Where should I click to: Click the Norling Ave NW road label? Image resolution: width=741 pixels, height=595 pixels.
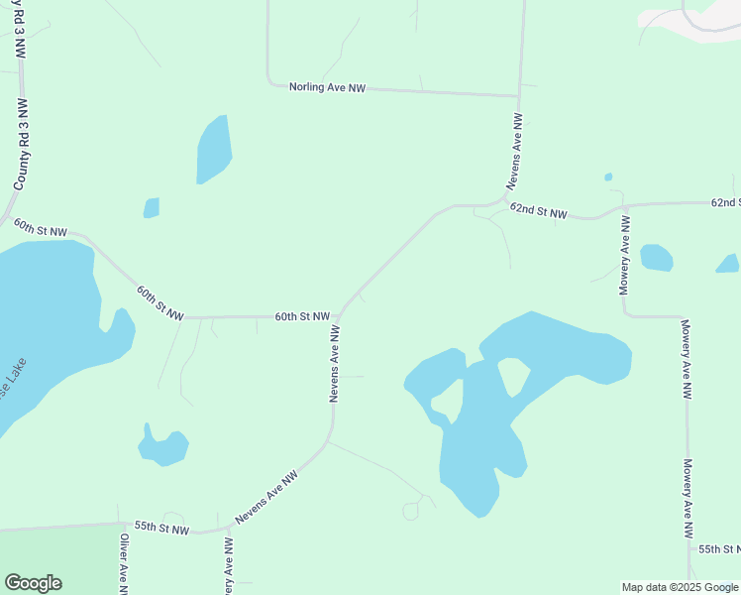[x=327, y=88]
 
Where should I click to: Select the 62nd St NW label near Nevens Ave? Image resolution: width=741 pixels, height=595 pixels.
[x=538, y=211]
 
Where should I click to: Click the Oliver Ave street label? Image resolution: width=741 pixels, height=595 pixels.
[x=124, y=564]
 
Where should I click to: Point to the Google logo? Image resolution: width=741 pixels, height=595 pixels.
[x=33, y=583]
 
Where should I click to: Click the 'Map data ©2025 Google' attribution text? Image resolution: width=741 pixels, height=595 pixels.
[x=681, y=587]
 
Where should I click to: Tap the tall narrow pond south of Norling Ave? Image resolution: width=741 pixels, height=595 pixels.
[x=213, y=149]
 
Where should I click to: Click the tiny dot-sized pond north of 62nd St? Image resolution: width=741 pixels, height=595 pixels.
[x=607, y=178]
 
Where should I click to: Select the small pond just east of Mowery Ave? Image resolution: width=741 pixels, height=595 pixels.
[x=656, y=258]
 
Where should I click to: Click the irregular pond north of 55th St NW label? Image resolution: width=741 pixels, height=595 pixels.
[x=163, y=447]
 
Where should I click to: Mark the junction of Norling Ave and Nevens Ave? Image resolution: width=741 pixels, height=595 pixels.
[x=519, y=96]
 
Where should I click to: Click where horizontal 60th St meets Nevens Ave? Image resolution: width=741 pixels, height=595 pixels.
[x=340, y=317]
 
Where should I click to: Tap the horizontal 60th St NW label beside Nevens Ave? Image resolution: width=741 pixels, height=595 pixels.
[x=302, y=317]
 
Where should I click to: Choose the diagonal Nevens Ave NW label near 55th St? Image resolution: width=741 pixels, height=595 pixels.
[x=266, y=499]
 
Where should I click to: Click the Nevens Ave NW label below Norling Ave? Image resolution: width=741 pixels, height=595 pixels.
[x=515, y=151]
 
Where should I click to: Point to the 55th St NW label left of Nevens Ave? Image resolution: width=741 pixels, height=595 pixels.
[x=160, y=530]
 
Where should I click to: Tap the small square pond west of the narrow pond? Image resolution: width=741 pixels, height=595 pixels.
[x=151, y=208]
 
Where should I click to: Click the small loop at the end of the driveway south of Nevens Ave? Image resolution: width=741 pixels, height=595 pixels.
[x=410, y=511]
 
